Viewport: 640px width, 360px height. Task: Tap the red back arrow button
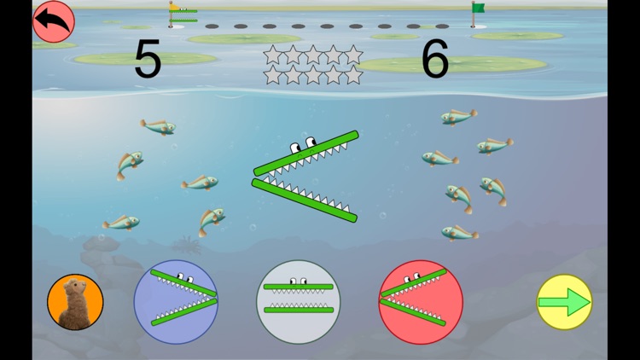[x=53, y=21]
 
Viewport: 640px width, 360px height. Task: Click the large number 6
[x=435, y=60]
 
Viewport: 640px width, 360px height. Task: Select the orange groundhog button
[x=75, y=302]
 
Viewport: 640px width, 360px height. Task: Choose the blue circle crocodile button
[x=176, y=301]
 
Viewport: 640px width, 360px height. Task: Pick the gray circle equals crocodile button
[x=298, y=301]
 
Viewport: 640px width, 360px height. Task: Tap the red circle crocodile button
[x=421, y=301]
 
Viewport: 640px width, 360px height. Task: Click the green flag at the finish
[x=477, y=11]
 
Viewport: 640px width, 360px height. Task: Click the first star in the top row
[x=273, y=55]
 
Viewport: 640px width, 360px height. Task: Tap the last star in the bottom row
[x=353, y=75]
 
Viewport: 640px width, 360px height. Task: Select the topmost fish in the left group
[x=159, y=126]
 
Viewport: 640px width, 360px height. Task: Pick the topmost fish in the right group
[x=459, y=116]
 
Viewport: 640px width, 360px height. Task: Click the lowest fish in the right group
[x=460, y=231]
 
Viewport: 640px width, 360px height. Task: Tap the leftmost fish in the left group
[x=120, y=223]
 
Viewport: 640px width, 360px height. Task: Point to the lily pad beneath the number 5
[x=145, y=60]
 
